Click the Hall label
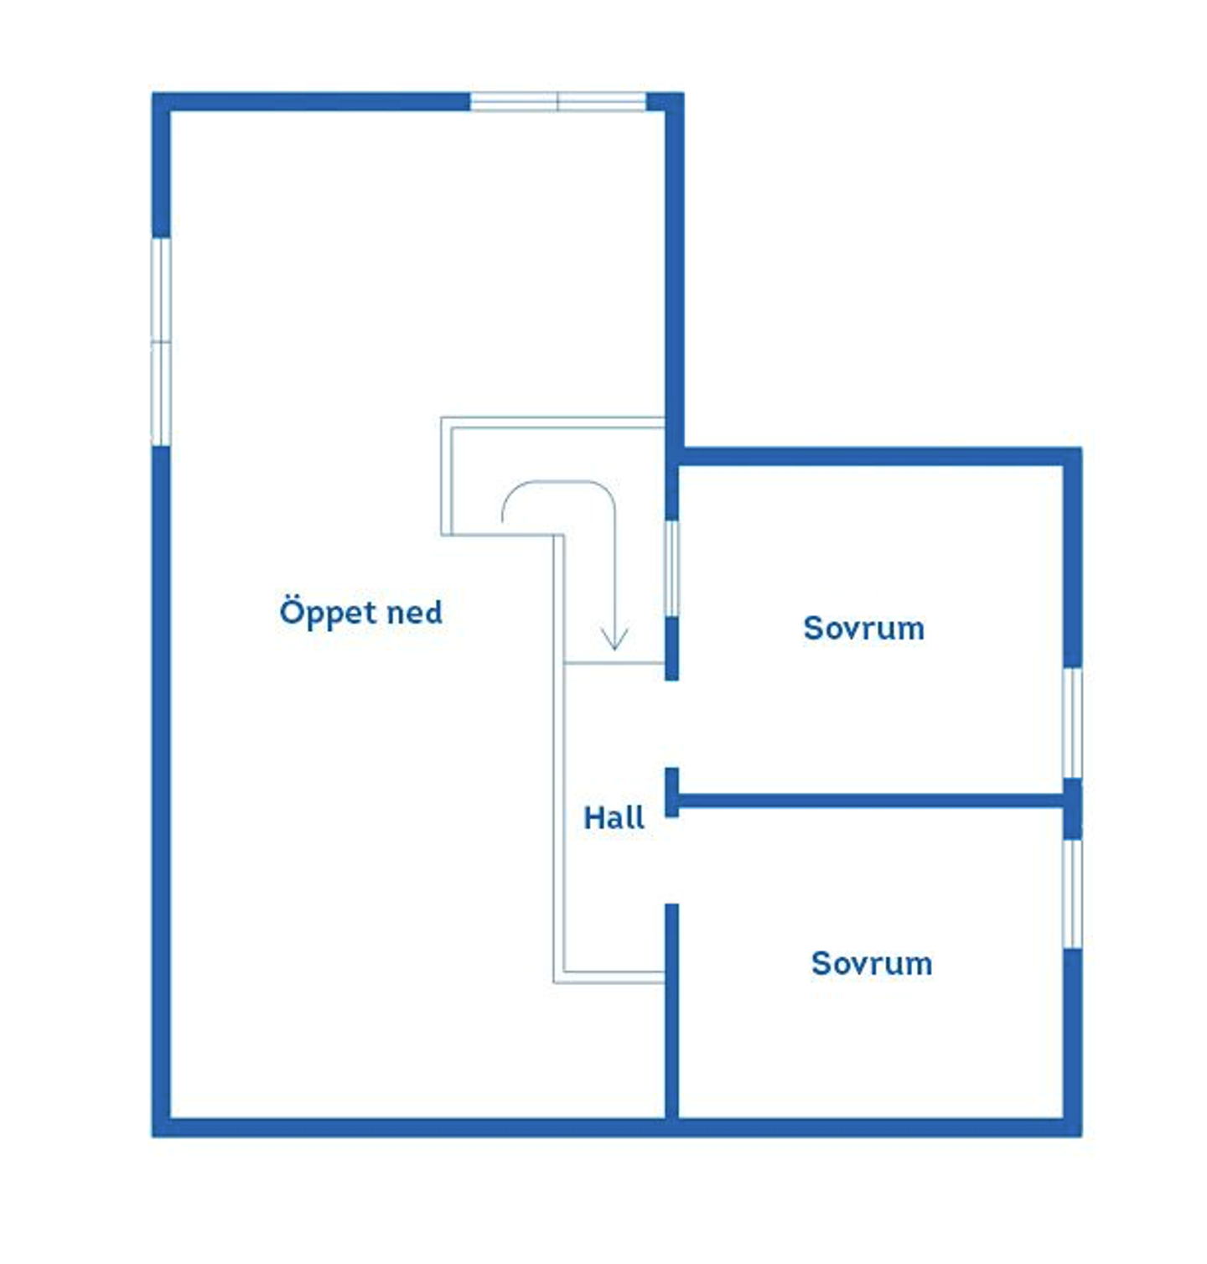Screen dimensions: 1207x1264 614,817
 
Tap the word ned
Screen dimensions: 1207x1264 414,612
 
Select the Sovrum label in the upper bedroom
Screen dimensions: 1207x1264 863,628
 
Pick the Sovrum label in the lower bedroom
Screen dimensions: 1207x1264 872,963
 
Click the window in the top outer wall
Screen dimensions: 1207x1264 557,101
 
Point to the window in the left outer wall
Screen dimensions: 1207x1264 161,341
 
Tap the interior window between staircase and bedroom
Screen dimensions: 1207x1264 671,568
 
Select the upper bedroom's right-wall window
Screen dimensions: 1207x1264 1072,723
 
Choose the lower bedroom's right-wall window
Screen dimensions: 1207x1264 1072,894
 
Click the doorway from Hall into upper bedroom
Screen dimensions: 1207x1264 671,723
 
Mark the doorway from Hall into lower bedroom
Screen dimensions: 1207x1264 671,860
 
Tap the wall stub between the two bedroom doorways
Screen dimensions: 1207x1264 671,792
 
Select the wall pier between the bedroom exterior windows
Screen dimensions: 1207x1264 1072,809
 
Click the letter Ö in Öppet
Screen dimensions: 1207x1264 290,609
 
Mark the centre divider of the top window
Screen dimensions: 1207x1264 557,101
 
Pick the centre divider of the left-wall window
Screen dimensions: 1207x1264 161,341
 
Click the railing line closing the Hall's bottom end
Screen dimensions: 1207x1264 609,976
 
